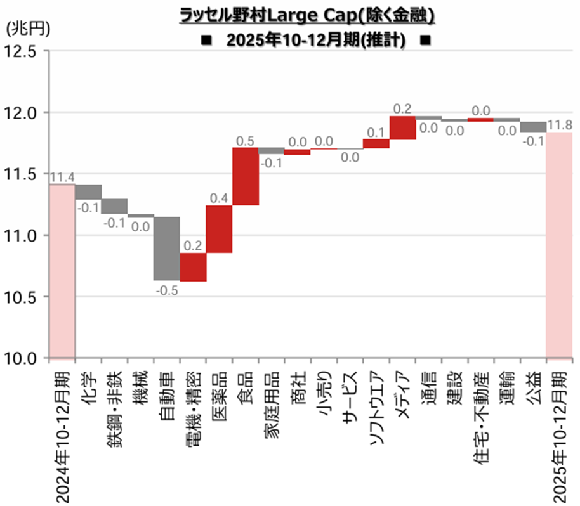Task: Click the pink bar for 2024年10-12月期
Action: [x=62, y=271]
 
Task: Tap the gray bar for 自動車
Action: [x=167, y=249]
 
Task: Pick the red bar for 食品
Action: [x=245, y=176]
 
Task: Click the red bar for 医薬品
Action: [x=219, y=229]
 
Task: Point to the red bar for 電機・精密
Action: [x=193, y=267]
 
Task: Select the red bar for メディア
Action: [x=402, y=127]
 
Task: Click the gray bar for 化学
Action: [x=88, y=191]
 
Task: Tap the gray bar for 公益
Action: [x=533, y=127]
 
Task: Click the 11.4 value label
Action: [x=62, y=178]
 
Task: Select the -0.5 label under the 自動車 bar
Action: [x=168, y=290]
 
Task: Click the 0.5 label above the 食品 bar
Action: [x=245, y=139]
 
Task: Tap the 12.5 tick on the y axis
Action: [x=23, y=51]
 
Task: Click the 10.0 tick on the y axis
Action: [x=23, y=358]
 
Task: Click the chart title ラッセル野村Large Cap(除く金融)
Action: [x=311, y=14]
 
